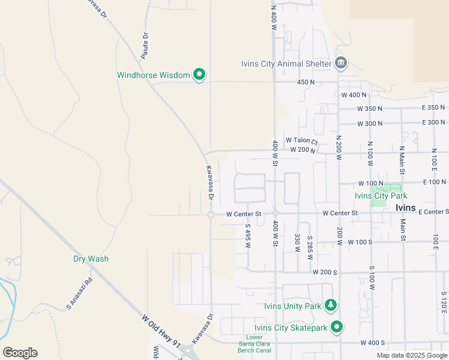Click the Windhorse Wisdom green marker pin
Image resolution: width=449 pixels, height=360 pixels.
click(199, 75)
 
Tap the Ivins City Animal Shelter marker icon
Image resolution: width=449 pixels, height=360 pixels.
click(341, 63)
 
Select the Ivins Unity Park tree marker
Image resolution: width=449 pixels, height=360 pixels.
click(330, 305)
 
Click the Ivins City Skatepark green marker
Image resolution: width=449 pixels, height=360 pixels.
click(337, 327)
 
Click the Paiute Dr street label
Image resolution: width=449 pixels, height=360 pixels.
click(145, 43)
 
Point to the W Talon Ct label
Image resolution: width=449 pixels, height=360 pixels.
click(301, 140)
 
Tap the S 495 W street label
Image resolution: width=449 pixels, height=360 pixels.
click(247, 235)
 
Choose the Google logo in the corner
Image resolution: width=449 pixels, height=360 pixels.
click(20, 353)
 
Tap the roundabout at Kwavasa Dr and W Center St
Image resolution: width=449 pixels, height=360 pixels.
click(211, 215)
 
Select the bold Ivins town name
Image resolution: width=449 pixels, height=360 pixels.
click(406, 208)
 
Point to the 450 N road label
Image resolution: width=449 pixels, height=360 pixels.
click(306, 82)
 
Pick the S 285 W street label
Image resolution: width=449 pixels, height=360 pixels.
click(310, 246)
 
